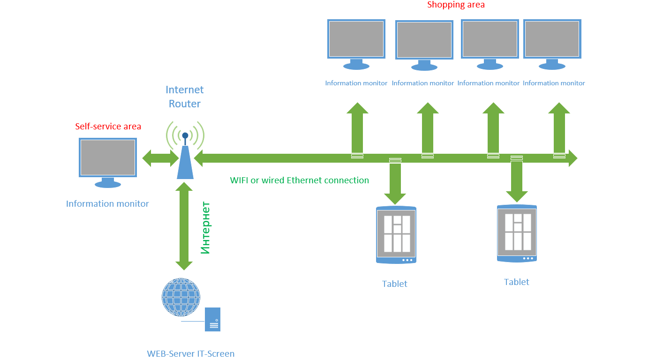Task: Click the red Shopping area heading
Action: [456, 5]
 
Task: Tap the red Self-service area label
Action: [108, 127]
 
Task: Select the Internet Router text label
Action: [185, 97]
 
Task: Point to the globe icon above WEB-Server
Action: [181, 297]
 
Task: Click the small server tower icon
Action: [213, 320]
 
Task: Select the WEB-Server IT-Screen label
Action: [191, 354]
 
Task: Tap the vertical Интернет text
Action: [205, 228]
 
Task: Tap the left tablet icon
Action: [396, 235]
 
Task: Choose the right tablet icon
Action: [517, 233]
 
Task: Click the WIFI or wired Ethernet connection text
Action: [299, 180]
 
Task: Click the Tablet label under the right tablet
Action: [516, 282]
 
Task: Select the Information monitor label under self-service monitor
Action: [107, 204]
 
